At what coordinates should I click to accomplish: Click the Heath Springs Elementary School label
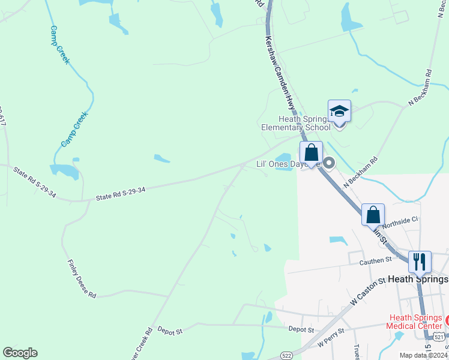click(x=295, y=123)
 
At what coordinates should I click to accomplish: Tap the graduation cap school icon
click(x=339, y=111)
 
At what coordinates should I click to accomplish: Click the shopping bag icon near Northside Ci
click(x=373, y=214)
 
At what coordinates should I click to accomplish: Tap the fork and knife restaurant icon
click(x=420, y=262)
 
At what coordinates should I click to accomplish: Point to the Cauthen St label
click(x=375, y=260)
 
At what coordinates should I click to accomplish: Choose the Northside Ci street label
click(x=400, y=221)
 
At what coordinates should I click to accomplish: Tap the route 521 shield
click(x=439, y=337)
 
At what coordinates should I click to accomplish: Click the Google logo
click(x=20, y=353)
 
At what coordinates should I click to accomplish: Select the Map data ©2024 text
click(x=423, y=355)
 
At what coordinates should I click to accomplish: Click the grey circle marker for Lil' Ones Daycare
click(x=329, y=163)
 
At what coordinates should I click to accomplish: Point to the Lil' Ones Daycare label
click(x=279, y=164)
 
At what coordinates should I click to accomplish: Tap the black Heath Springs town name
click(x=418, y=279)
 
